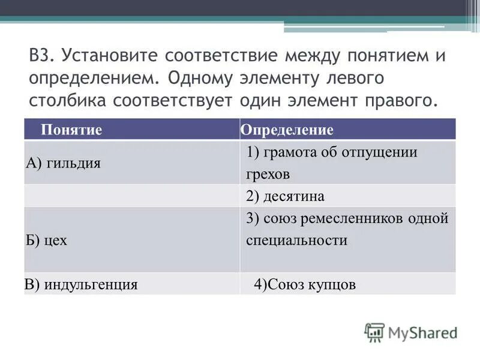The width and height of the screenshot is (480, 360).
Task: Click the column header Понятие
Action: (71, 130)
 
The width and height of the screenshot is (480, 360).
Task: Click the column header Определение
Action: (287, 130)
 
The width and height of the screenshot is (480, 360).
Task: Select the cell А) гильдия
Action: (63, 163)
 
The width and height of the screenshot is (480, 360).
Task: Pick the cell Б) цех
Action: (46, 240)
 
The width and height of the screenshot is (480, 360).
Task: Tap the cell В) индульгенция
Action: (82, 284)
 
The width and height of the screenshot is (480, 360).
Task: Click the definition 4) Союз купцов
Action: (305, 284)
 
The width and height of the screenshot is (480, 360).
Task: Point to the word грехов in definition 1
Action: (268, 175)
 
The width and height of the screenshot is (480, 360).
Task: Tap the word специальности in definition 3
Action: (296, 240)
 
